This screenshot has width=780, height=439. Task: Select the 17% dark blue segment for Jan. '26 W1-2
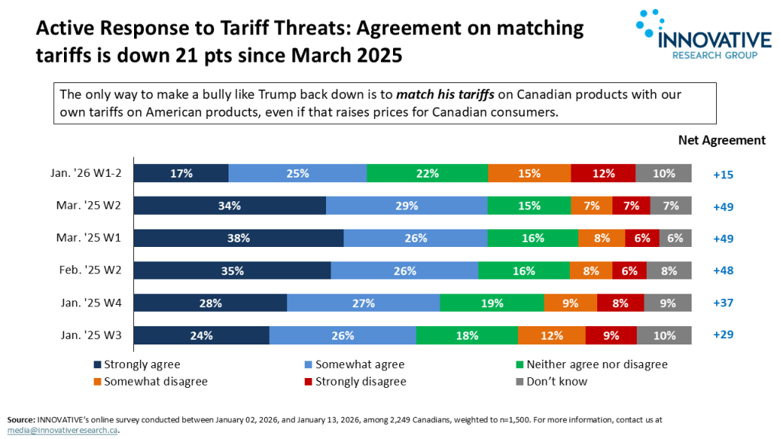[x=182, y=173]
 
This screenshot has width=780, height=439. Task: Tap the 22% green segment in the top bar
[x=427, y=173]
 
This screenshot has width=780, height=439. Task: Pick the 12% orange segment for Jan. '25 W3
[x=551, y=335]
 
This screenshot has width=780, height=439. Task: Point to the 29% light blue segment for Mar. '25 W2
[x=407, y=206]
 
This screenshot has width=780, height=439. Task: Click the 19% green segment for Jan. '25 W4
[x=492, y=303]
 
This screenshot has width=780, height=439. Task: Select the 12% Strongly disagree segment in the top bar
[x=603, y=173]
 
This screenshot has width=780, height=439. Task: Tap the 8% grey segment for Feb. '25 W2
[x=669, y=270]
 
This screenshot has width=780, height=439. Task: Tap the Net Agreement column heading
[x=721, y=140]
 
